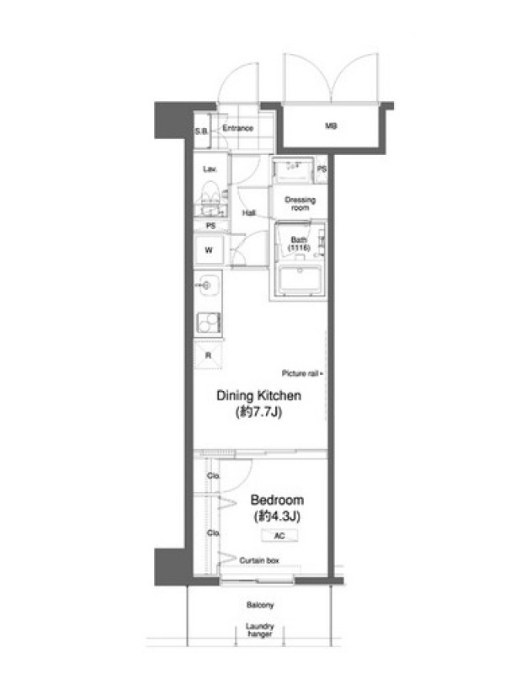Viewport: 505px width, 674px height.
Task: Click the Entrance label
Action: tap(238, 128)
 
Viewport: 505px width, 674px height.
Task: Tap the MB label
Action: tap(331, 126)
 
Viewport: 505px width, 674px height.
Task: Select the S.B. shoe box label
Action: tap(201, 131)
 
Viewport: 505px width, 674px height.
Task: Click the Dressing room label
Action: tap(300, 204)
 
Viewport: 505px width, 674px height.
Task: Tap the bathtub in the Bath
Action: tap(300, 280)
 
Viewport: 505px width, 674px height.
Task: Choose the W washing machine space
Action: tap(209, 249)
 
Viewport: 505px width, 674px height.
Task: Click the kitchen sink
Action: tap(207, 285)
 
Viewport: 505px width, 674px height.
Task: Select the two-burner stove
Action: tap(209, 323)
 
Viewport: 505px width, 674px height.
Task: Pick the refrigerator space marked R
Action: tap(208, 355)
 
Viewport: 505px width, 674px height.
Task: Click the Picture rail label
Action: tap(300, 373)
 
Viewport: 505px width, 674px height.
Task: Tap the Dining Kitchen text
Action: tap(258, 395)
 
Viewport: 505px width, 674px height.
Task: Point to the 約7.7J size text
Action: tap(258, 412)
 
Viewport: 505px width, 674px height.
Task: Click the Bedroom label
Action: tap(277, 500)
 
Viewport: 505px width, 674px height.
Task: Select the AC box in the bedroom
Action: tap(279, 536)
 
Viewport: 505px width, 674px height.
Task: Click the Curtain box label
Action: tap(259, 560)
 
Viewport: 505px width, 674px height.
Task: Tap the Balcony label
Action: tap(260, 605)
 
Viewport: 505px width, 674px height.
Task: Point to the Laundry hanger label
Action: tap(260, 630)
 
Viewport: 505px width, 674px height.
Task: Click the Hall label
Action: tap(248, 213)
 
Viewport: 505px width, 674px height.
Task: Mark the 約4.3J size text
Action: tap(277, 516)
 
